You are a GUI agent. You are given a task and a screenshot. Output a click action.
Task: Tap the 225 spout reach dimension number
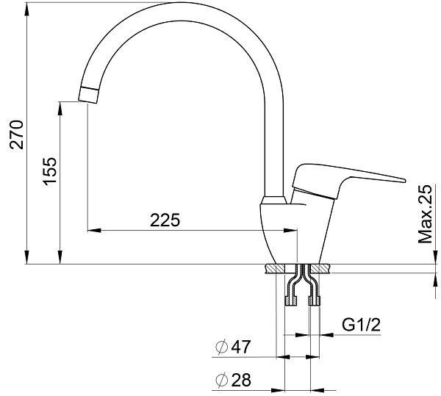pos(165,220)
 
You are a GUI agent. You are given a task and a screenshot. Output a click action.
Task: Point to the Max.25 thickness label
pos(424,215)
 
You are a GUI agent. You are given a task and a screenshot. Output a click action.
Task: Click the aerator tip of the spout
pos(88,94)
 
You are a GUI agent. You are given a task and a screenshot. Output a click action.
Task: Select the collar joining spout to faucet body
pos(273,201)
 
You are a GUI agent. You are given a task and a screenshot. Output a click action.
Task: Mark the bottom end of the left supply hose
pos(290,301)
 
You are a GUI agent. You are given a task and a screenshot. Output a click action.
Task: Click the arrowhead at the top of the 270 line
pos(27,5)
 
